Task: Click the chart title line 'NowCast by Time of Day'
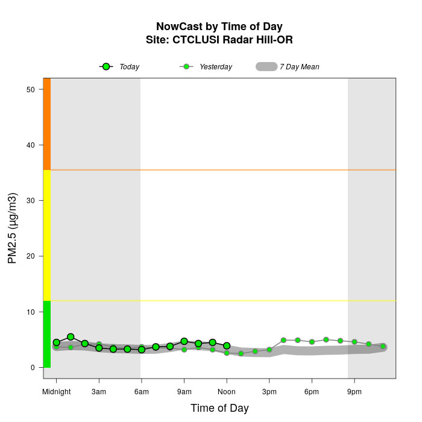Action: pos(219,27)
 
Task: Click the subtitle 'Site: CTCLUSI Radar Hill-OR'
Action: pos(219,40)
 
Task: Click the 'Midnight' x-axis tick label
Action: pos(56,392)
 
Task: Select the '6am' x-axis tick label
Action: pos(142,392)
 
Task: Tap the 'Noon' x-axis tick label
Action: pos(227,392)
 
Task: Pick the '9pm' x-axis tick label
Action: pos(354,392)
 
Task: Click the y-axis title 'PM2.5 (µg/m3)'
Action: pos(13,228)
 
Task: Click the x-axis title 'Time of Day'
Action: pos(219,408)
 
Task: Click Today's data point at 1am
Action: pos(71,337)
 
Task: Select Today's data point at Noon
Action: pos(227,345)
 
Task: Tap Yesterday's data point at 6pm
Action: pos(312,342)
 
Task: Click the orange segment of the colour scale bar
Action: pos(46,124)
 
